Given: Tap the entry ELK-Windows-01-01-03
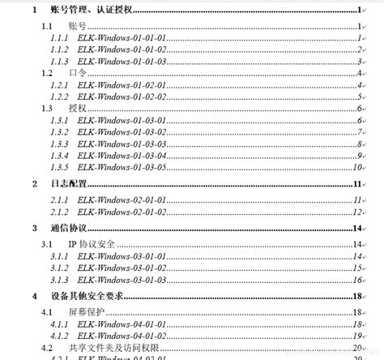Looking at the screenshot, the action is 122,61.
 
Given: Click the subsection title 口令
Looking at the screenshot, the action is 77,73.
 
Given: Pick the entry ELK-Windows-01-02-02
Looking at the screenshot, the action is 122,96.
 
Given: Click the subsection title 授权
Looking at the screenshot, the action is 77,109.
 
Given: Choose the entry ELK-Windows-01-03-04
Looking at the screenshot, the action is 122,155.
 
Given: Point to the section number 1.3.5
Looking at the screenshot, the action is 59,167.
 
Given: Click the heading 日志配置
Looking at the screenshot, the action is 68,185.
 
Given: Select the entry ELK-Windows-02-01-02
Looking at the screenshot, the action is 122,212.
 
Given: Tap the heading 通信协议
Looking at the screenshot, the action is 68,229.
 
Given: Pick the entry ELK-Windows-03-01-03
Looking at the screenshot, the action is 122,279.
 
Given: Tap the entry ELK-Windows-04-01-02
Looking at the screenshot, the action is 122,336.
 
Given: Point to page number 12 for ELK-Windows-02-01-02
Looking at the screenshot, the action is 356,212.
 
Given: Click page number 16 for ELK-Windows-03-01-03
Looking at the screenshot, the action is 356,279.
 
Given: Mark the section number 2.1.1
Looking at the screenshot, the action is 59,200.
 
